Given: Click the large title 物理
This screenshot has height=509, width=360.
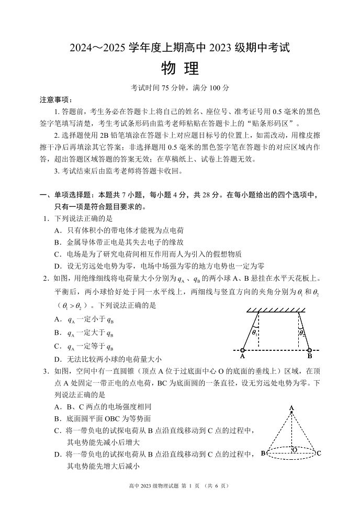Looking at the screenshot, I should (180, 69).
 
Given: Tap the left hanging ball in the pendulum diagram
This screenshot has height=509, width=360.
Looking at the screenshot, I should (243, 350).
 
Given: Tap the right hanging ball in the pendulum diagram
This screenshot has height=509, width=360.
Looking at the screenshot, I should (309, 350).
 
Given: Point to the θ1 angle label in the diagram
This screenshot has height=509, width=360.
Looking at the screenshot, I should (254, 332).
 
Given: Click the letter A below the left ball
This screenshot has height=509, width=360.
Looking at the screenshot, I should (243, 357).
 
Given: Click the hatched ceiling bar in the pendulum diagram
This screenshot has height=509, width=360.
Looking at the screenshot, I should (276, 311).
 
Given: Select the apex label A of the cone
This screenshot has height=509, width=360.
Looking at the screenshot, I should (291, 408).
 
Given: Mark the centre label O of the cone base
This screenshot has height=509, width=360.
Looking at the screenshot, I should (295, 450).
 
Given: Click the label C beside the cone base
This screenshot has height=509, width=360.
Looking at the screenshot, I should (319, 453).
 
